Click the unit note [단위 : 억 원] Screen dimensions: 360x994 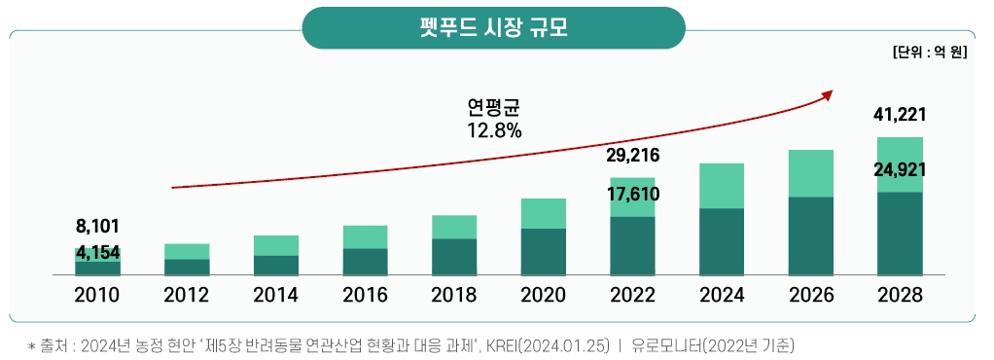tap(928, 53)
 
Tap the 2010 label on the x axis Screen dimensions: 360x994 tap(97, 296)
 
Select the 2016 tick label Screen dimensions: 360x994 tap(365, 296)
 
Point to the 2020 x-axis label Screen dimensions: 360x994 tap(544, 296)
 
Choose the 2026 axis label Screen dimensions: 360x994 tap(811, 296)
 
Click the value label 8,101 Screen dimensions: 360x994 tap(97, 228)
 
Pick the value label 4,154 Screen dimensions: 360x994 tap(97, 253)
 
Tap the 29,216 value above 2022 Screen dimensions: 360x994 tap(632, 156)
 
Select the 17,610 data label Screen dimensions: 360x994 tap(632, 194)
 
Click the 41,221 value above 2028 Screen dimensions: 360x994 tap(900, 115)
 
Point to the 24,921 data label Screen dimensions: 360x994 tap(900, 169)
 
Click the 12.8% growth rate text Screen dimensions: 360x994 tap(494, 129)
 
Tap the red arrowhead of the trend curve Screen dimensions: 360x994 tap(828, 94)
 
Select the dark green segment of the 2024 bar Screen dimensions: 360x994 tap(722, 241)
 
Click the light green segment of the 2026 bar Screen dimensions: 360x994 tap(811, 173)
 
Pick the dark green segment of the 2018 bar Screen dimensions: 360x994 tap(454, 257)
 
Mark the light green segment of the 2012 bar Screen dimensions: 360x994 tap(187, 251)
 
